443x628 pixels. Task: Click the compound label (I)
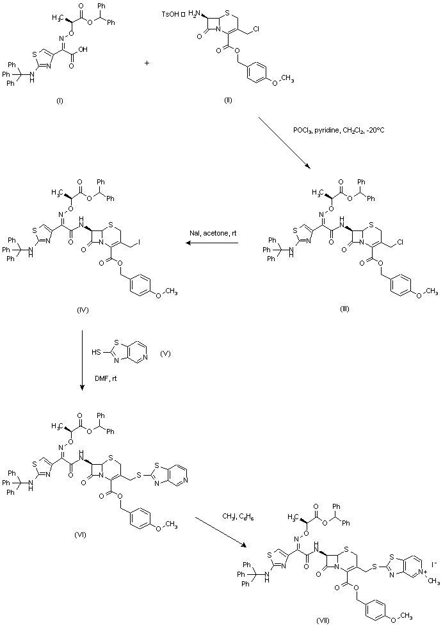[59, 101]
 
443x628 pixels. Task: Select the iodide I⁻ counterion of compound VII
[435, 564]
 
